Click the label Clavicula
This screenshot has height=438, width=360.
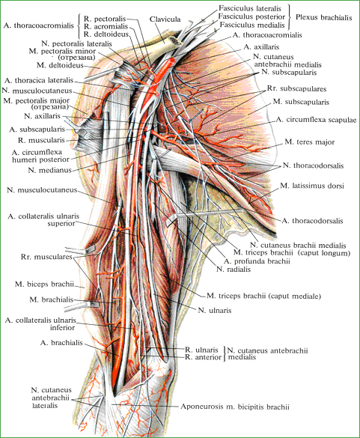pyautogui.click(x=165, y=19)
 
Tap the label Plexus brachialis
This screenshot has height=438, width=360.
pyautogui.click(x=323, y=17)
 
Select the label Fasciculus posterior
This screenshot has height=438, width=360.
pyautogui.click(x=251, y=16)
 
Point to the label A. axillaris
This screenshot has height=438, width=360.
pyautogui.click(x=261, y=47)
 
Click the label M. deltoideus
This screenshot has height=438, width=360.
pyautogui.click(x=60, y=65)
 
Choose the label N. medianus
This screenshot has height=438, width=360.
pyautogui.click(x=50, y=170)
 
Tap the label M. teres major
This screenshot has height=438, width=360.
pyautogui.click(x=309, y=142)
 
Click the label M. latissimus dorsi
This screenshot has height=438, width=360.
pyautogui.click(x=312, y=186)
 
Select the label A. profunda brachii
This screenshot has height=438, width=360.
pyautogui.click(x=257, y=261)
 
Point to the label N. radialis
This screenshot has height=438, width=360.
pyautogui.click(x=234, y=270)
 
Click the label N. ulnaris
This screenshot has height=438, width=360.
pyautogui.click(x=215, y=310)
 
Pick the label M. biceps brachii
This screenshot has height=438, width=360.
pyautogui.click(x=44, y=284)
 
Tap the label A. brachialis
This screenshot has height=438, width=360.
pyautogui.click(x=61, y=342)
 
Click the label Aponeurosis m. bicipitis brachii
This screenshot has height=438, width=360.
pyautogui.click(x=234, y=407)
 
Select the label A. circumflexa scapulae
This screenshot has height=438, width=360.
pyautogui.click(x=316, y=120)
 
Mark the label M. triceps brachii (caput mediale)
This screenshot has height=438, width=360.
pyautogui.click(x=263, y=296)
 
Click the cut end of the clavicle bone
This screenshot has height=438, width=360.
pyautogui.click(x=176, y=41)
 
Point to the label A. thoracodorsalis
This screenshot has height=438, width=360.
pyautogui.click(x=312, y=221)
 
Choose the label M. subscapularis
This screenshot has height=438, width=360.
pyautogui.click(x=301, y=102)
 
